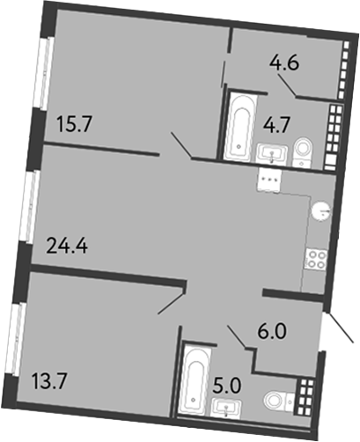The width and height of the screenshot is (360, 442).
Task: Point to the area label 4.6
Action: [283, 63]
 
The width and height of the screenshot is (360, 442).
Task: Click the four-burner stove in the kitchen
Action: [314, 260]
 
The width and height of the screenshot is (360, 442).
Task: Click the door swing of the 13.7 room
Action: [171, 301]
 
